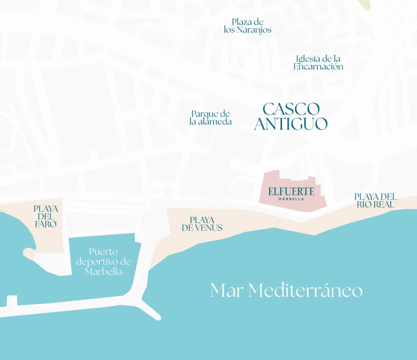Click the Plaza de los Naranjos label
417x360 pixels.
tap(248, 26)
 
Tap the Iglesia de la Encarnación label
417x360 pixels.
tap(318, 63)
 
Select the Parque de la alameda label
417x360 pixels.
tap(211, 117)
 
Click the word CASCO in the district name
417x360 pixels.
tap(291, 109)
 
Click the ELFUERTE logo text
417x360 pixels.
tap(291, 191)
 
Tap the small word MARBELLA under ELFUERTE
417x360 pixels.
tap(291, 199)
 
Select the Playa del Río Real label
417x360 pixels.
tap(375, 201)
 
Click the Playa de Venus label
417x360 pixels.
tap(202, 224)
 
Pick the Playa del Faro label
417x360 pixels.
tap(46, 216)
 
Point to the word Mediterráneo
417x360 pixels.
tap(305, 291)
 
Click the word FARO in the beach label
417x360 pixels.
tap(46, 224)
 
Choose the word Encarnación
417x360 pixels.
tap(318, 67)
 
